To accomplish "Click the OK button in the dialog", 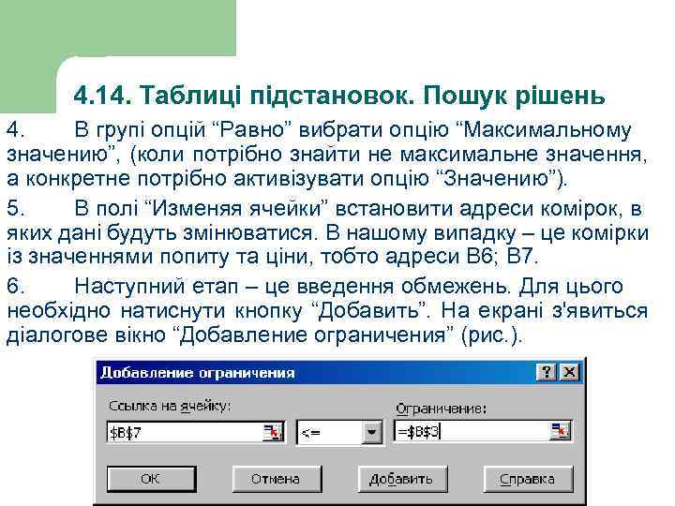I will pos(149,479).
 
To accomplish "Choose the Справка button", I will pos(527,479).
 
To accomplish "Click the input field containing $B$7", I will pos(183,432).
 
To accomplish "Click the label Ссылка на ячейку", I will pos(170,408).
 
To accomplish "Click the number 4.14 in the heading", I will pos(103,96).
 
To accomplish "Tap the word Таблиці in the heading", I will pos(194,96).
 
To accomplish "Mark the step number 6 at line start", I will pos(12,286).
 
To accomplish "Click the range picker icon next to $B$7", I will pos(272,432).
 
